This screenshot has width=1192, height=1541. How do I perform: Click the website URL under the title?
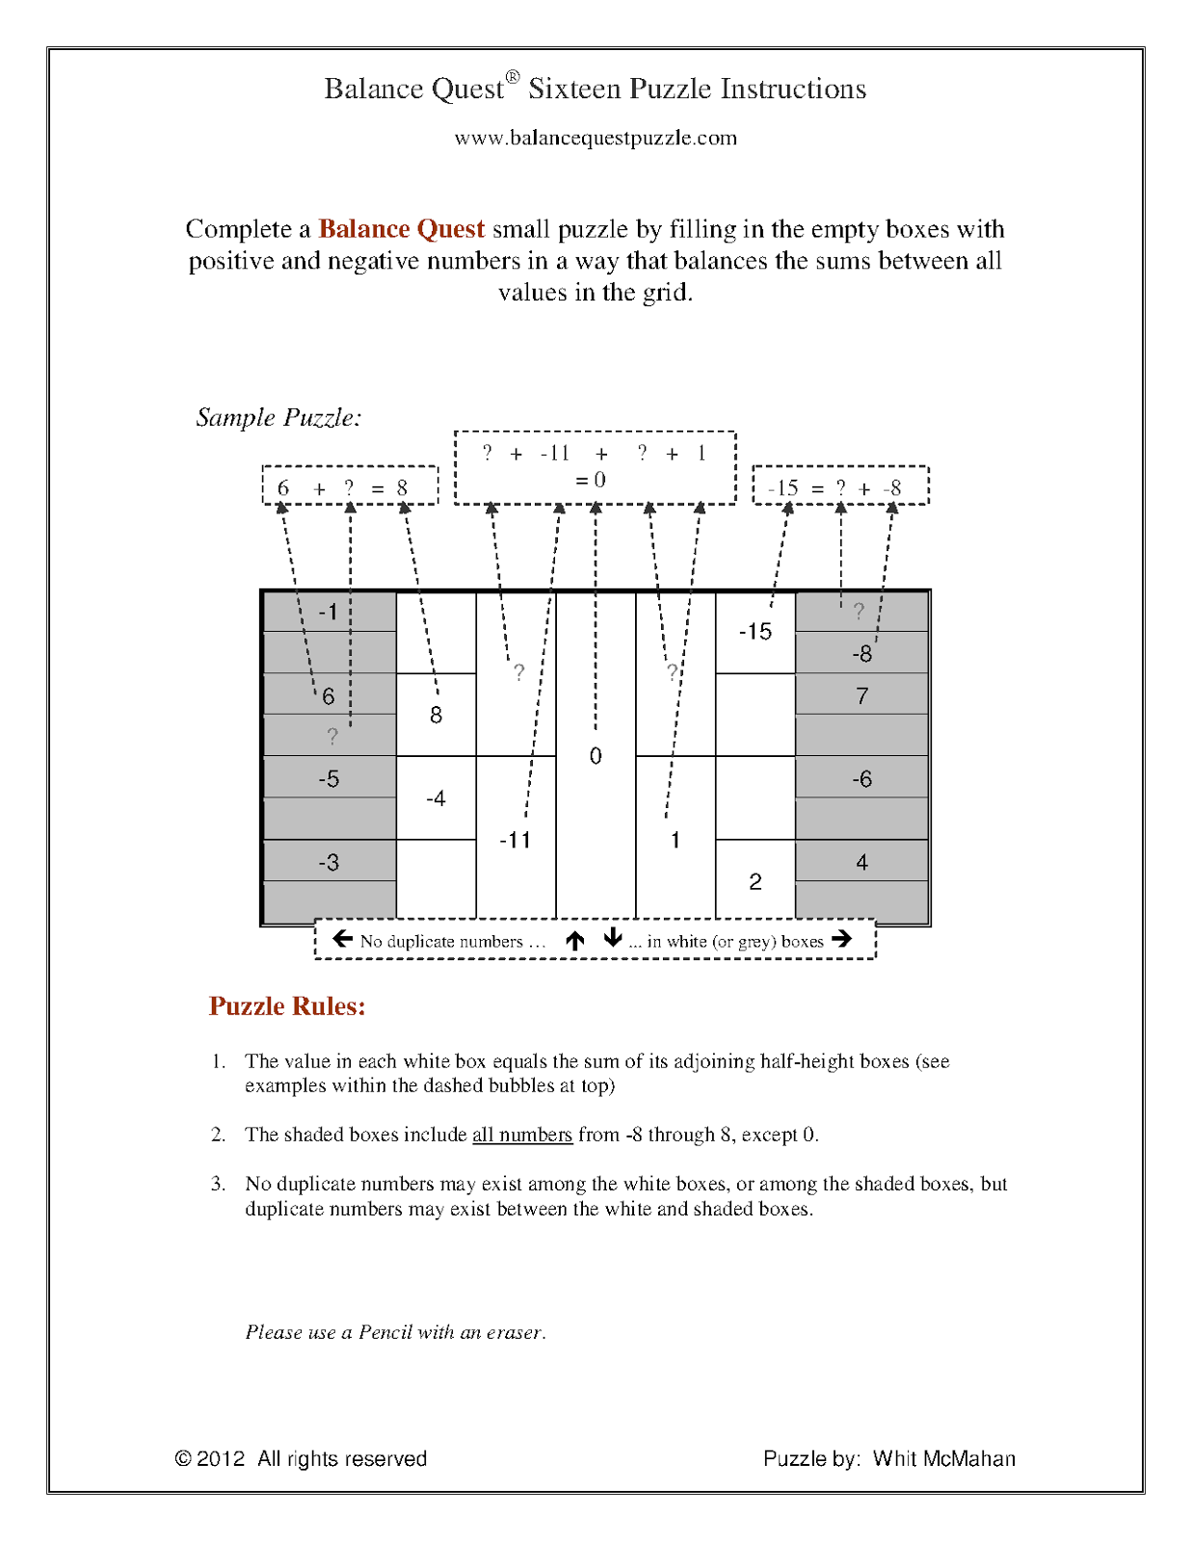[596, 138]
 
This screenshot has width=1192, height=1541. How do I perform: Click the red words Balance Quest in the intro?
[401, 229]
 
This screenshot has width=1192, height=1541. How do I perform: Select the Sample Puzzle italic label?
[278, 417]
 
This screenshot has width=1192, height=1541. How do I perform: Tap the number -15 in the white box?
[755, 632]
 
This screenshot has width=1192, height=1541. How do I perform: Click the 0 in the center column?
[596, 756]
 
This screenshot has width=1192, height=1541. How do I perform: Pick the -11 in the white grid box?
[515, 840]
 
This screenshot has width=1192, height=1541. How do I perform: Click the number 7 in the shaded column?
[861, 695]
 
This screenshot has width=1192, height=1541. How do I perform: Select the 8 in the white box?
[436, 715]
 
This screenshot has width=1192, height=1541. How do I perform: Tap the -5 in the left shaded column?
[329, 778]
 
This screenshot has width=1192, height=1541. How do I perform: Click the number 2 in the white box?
[755, 881]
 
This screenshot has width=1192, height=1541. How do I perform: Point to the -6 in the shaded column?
[861, 778]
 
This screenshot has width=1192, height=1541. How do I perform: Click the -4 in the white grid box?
[436, 798]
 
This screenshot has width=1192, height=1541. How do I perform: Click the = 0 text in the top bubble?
[591, 480]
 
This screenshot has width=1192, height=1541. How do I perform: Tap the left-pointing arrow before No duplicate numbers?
[342, 939]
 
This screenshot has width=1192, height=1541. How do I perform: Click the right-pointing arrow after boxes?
[841, 939]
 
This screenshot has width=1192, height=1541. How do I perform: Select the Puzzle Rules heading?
[287, 1006]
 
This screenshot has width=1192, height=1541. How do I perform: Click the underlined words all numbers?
[521, 1135]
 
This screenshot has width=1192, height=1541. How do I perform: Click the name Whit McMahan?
[943, 1458]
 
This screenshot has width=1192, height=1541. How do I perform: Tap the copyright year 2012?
[221, 1458]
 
